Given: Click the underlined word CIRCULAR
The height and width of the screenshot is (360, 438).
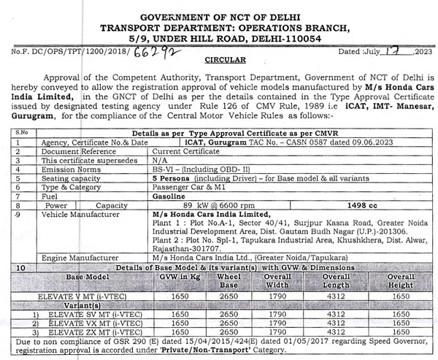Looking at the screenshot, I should (225, 60).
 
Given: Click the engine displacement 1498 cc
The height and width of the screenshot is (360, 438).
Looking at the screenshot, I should (334, 205).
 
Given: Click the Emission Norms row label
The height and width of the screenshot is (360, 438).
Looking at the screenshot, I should (72, 168).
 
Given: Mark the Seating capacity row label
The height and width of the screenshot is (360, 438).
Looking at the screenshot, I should (75, 177).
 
